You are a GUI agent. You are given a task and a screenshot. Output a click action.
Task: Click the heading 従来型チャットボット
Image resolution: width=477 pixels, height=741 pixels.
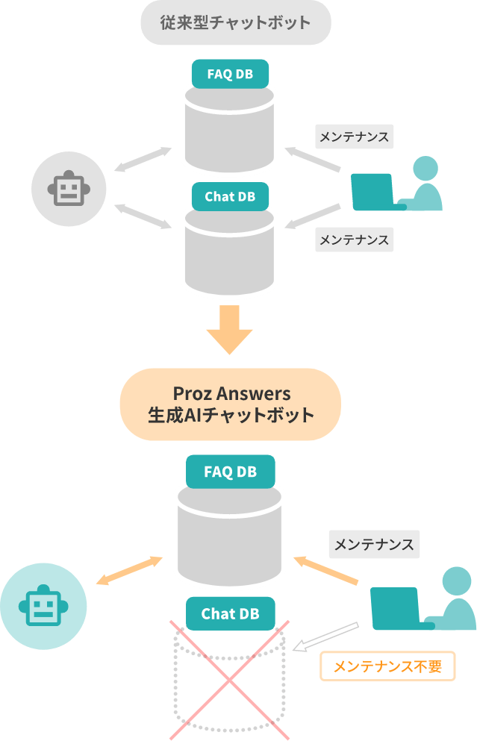[235, 22]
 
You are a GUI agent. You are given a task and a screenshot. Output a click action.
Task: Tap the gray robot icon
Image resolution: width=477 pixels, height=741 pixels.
[69, 189]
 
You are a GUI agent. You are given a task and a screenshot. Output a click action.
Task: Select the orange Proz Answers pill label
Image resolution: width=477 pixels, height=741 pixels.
[230, 404]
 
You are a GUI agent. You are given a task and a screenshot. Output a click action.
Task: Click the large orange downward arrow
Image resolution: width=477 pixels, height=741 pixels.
[230, 329]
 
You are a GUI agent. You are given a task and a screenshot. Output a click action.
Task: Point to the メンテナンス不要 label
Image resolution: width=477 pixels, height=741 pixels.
[387, 666]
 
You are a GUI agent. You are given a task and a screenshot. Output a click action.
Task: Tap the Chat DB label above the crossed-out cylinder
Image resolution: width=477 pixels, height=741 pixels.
[230, 614]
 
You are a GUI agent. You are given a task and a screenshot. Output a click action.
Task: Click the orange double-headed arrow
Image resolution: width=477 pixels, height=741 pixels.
[129, 571]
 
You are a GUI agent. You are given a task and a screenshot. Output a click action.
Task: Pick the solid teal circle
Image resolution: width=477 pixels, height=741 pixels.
[43, 606]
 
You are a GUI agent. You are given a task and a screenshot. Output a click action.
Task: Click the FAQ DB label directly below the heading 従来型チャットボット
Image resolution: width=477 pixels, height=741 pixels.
[230, 74]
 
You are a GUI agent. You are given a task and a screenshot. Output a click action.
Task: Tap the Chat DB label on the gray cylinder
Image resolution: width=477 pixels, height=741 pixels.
[230, 197]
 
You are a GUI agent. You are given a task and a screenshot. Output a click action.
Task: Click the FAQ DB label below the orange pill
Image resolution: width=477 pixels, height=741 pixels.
[230, 472]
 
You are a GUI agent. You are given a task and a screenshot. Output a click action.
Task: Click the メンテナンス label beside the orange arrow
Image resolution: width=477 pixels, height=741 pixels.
[374, 545]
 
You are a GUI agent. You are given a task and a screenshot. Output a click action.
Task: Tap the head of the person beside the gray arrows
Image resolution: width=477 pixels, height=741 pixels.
[425, 168]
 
